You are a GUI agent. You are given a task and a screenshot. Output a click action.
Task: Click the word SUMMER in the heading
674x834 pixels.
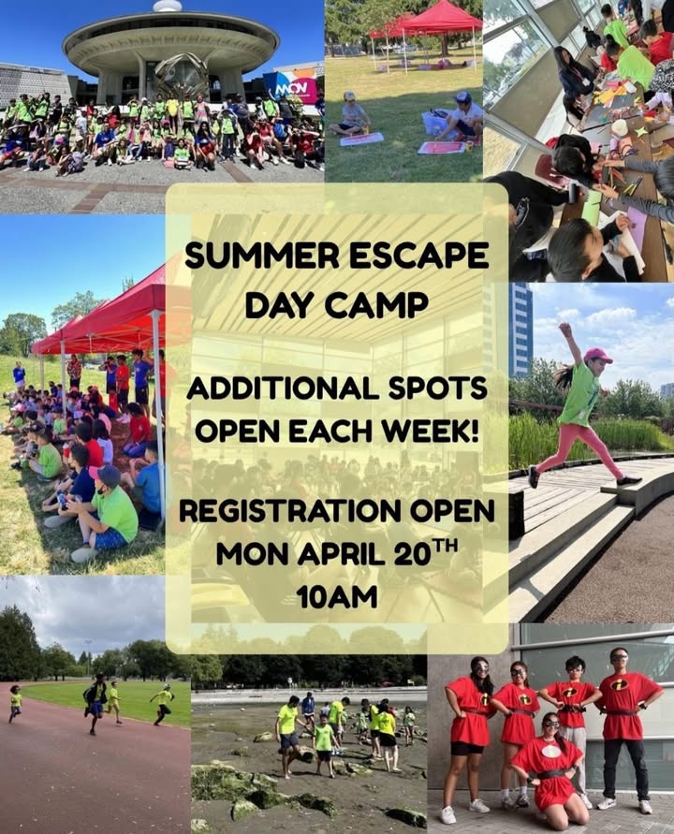[262, 256]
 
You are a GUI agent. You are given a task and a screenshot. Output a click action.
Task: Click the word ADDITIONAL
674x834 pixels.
[282, 388]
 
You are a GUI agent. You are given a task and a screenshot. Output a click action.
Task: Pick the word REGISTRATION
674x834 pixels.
[290, 511]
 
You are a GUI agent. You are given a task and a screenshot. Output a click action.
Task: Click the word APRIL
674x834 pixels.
[341, 555]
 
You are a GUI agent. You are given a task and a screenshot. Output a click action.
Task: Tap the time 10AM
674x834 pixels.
[337, 597]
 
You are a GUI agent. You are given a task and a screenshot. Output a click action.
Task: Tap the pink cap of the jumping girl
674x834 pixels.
[597, 356]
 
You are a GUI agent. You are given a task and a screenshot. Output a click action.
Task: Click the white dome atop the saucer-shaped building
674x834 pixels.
[168, 6]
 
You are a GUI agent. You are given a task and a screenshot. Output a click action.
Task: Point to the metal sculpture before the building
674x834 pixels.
[181, 76]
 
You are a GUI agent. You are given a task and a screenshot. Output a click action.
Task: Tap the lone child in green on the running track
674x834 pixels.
[15, 702]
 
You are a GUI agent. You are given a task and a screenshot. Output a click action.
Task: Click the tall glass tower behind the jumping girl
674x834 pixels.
[520, 329]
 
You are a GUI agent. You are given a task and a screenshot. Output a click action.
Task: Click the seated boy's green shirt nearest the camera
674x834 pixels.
[115, 514]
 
